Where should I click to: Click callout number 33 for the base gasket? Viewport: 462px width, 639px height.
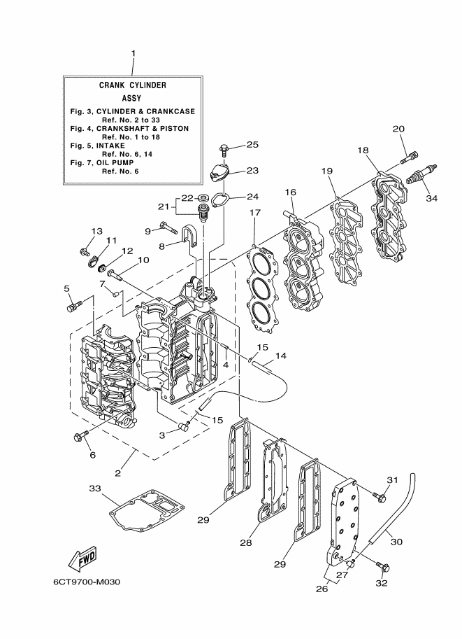point(94,488)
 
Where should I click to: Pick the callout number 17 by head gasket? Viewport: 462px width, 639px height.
point(255,213)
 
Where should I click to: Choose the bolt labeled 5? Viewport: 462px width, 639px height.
point(73,306)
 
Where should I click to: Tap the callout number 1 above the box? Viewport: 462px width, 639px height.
point(133,54)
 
